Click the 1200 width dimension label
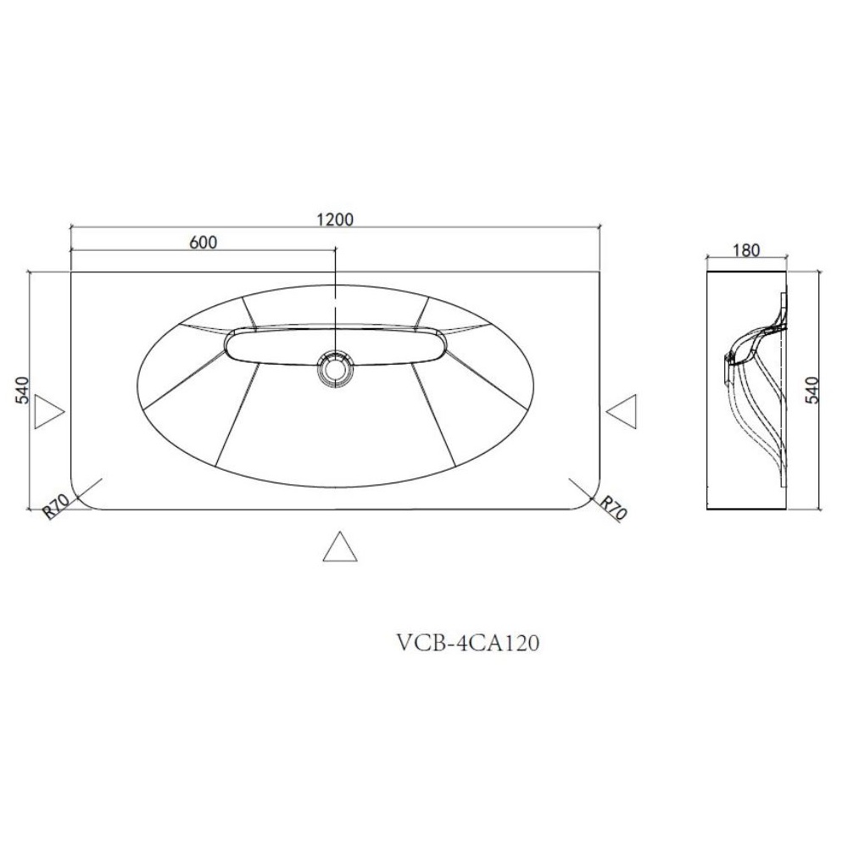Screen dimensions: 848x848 pyautogui.click(x=335, y=219)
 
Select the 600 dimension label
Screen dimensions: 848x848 pyautogui.click(x=204, y=242)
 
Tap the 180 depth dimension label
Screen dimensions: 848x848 pyautogui.click(x=746, y=250)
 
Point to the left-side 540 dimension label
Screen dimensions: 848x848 pyautogui.click(x=23, y=390)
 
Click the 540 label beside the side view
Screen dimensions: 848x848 pyautogui.click(x=813, y=390)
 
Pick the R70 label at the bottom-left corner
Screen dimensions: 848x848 pyautogui.click(x=56, y=508)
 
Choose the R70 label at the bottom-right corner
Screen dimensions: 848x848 pyautogui.click(x=613, y=508)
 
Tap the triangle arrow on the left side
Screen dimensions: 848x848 pyautogui.click(x=49, y=411)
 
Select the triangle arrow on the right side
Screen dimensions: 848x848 pyautogui.click(x=621, y=411)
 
